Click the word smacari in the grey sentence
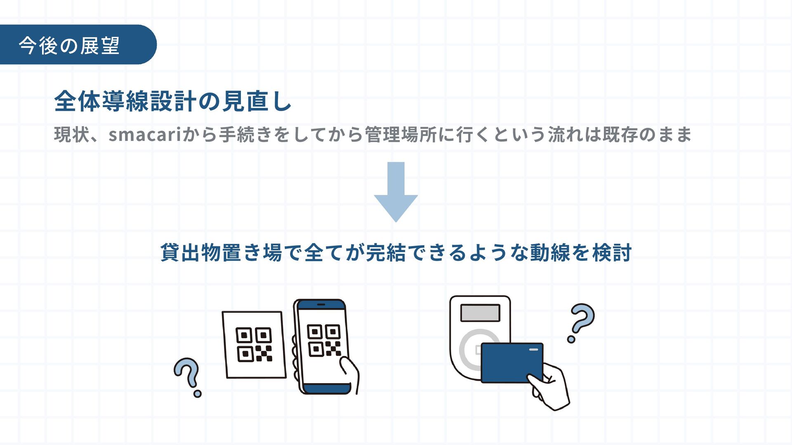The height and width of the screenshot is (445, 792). click(144, 135)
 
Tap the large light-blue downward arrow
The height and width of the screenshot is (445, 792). click(396, 192)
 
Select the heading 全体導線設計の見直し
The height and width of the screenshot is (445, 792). click(173, 101)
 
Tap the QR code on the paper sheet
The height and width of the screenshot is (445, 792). click(254, 344)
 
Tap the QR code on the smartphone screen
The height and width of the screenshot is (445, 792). click(324, 340)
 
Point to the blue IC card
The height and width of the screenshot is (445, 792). click(511, 363)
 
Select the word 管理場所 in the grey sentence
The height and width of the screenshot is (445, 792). click(401, 135)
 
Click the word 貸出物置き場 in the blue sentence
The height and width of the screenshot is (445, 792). click(221, 253)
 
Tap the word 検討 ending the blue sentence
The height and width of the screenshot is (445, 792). click(612, 253)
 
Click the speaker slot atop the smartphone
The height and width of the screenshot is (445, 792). click(321, 304)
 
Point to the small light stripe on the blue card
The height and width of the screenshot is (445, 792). click(533, 350)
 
